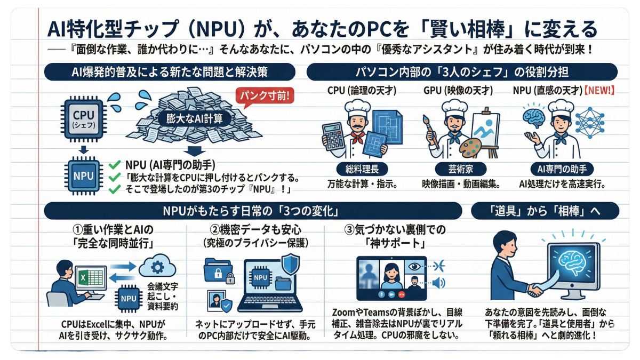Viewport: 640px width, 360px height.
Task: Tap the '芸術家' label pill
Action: click(458, 170)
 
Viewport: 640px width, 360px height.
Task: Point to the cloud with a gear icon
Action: click(158, 268)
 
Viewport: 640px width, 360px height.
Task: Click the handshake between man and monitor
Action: click(534, 290)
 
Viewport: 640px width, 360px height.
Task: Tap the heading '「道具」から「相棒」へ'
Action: click(545, 211)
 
